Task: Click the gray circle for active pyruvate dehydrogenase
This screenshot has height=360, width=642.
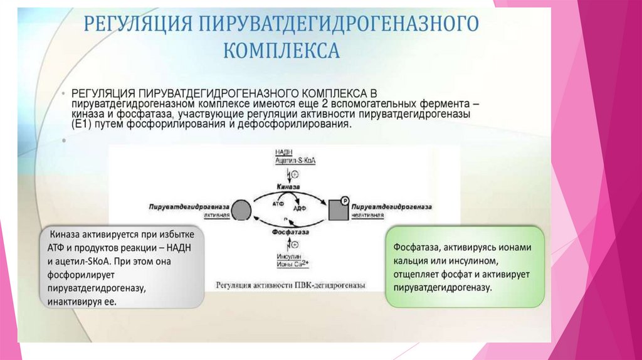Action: coord(241,209)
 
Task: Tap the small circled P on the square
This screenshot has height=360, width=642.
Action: coord(344,200)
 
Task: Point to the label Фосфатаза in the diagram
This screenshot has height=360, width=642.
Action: coord(289,231)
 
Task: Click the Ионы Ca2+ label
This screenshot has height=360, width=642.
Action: coord(291,265)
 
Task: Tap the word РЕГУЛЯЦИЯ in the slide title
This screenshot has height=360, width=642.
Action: coord(138,26)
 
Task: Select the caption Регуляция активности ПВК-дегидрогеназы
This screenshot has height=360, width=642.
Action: coord(290,286)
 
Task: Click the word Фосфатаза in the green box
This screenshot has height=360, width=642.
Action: coord(416,248)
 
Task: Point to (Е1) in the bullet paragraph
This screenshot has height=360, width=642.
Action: coord(80,124)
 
